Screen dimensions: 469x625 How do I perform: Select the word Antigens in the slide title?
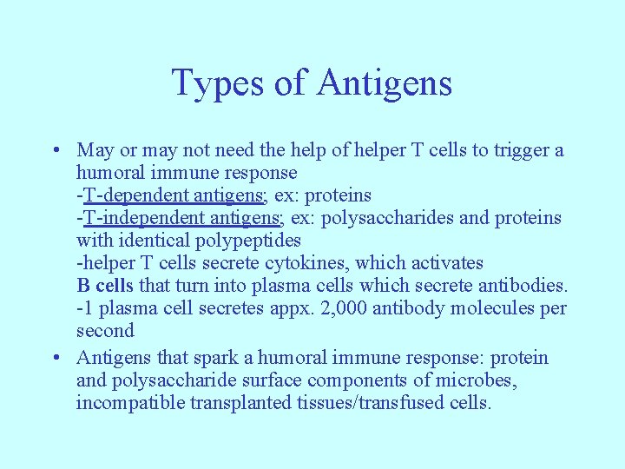pos(385,83)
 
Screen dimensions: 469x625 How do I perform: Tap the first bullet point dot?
pos(55,151)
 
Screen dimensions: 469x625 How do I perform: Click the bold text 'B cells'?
pos(105,286)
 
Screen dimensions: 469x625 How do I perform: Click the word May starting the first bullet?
pos(94,150)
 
